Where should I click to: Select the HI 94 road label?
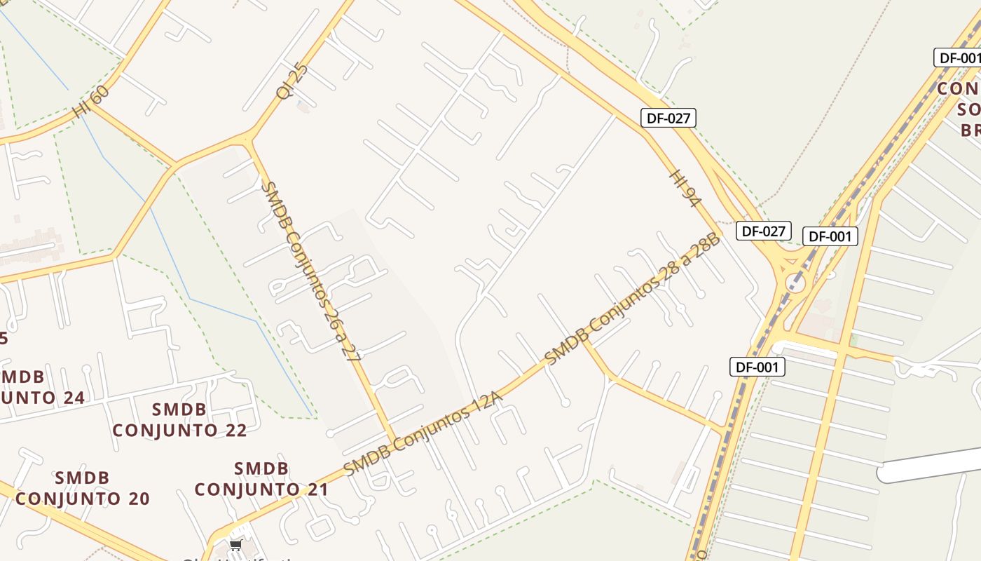pos(685,188)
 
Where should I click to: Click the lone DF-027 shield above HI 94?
pos(668,118)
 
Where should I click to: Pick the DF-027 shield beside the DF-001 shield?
pos(763,230)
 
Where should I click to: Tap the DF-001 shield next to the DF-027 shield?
pos(830,236)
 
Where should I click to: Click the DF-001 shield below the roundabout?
pos(757,366)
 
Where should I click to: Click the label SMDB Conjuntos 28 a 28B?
pos(632,299)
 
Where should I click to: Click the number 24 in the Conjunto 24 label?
pos(68,398)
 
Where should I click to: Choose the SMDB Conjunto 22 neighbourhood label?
pos(180,420)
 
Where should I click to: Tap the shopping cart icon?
pos(236,545)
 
